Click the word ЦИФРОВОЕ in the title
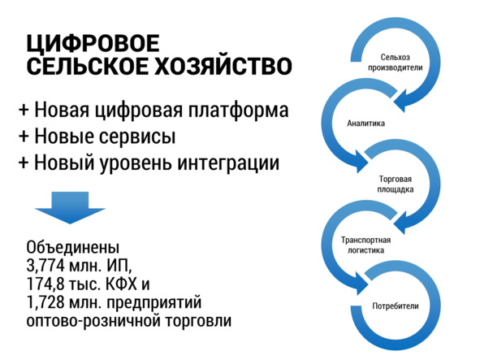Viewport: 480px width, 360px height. [x=93, y=44]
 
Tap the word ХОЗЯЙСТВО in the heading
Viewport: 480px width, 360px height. [x=223, y=66]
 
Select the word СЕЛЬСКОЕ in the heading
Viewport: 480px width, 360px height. [x=88, y=66]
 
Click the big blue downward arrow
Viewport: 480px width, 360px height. [x=70, y=208]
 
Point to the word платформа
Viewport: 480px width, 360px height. [x=238, y=111]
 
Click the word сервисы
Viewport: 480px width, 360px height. [x=137, y=137]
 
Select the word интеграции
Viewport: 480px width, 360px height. [x=229, y=163]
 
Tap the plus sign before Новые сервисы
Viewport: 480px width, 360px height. [x=24, y=136]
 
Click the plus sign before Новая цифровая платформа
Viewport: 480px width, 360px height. [x=24, y=110]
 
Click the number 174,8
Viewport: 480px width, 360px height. [x=45, y=284]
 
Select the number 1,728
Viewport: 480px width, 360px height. [x=45, y=302]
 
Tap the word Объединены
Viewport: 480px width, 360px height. [x=73, y=247]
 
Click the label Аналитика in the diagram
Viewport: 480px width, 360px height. [x=365, y=124]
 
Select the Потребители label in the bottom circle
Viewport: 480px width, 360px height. [x=396, y=306]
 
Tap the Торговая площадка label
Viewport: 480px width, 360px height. [x=396, y=184]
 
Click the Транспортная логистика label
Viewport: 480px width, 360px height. [x=365, y=245]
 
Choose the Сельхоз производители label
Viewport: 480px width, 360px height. [x=396, y=63]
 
